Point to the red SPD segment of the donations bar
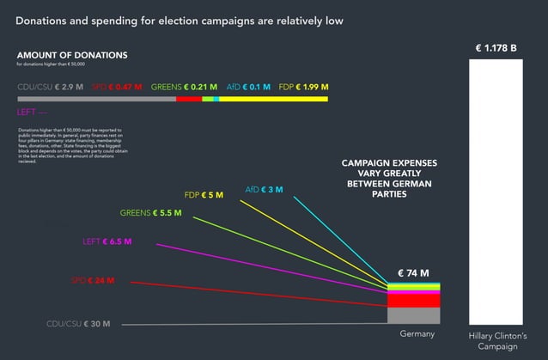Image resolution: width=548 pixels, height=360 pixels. point(188,100)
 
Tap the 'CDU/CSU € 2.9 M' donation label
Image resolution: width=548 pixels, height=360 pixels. point(51,87)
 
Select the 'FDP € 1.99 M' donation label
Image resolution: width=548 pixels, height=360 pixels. point(303,87)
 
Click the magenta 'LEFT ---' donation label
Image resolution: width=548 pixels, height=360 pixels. point(32,112)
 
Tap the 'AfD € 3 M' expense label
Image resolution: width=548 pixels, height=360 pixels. point(264,189)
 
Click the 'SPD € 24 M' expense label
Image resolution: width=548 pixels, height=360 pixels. point(93,281)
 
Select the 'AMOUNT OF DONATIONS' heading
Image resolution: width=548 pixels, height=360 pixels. point(72,55)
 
